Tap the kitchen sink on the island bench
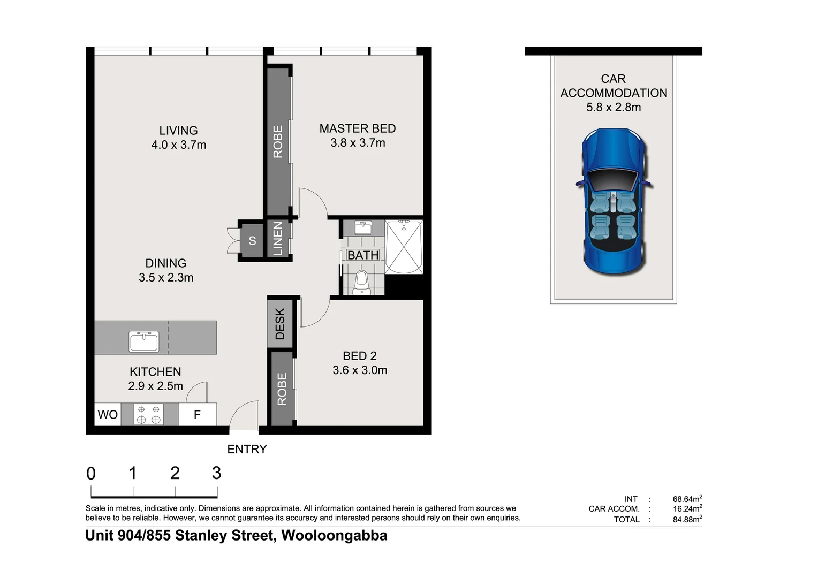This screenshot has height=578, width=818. pyautogui.click(x=144, y=341)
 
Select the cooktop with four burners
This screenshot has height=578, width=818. pyautogui.click(x=148, y=415)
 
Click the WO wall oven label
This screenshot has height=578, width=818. pyautogui.click(x=108, y=415)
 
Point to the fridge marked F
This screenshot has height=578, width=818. pyautogui.click(x=197, y=415)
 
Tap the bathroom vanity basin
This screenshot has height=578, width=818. pyautogui.click(x=363, y=227)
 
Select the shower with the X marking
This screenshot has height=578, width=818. pyautogui.click(x=404, y=247)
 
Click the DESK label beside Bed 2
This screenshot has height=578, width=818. pyautogui.click(x=280, y=324)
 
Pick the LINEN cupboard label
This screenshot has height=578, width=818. pyautogui.click(x=278, y=239)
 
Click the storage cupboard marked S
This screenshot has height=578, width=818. pyautogui.click(x=252, y=241)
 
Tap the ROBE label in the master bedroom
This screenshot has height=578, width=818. pyautogui.click(x=278, y=142)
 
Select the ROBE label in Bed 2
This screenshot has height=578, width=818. pyautogui.click(x=282, y=389)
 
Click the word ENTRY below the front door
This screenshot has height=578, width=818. pyautogui.click(x=247, y=450)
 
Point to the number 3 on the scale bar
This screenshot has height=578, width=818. pyautogui.click(x=216, y=473)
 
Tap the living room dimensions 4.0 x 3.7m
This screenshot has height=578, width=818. pyautogui.click(x=178, y=145)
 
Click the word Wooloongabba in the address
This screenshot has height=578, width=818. pyautogui.click(x=334, y=536)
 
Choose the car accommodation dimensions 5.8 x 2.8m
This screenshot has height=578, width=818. pyautogui.click(x=614, y=108)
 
